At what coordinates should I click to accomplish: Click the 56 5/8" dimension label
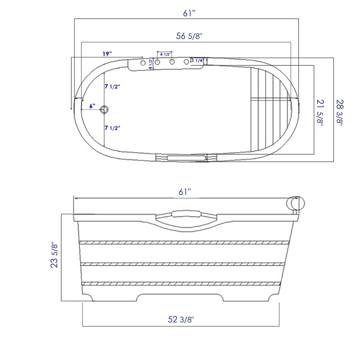click(189, 36)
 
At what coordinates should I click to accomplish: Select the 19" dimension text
click(107, 54)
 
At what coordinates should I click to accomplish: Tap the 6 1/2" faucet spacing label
click(165, 54)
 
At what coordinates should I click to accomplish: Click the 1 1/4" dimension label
click(197, 60)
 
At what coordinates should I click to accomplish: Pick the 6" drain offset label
click(92, 106)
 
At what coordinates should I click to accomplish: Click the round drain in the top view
click(104, 110)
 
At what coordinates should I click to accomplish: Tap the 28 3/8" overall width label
click(339, 112)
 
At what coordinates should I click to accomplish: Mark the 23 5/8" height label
click(54, 255)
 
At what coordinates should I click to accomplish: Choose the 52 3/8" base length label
click(181, 320)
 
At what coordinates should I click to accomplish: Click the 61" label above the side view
click(185, 192)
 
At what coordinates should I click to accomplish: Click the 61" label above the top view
click(189, 13)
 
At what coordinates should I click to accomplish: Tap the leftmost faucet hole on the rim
click(143, 63)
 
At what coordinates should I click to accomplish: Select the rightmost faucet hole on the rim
click(186, 62)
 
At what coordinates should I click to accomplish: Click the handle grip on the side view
click(186, 214)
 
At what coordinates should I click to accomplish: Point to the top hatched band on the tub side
click(183, 243)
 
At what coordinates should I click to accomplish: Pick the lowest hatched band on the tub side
click(183, 283)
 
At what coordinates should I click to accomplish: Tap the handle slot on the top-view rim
click(186, 158)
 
